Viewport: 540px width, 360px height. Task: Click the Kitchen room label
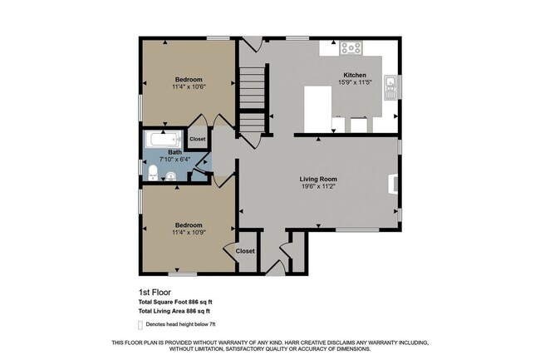coord(355,75)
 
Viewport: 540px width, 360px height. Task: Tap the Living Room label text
coord(318,179)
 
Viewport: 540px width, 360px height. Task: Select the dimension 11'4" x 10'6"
coord(189,86)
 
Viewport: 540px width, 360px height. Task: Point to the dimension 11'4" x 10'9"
coord(189,232)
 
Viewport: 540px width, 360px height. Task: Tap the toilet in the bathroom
coord(154,174)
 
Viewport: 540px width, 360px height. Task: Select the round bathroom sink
coord(170,175)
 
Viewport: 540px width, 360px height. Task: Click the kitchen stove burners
coord(351,47)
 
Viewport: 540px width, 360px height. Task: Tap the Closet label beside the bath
coord(198,139)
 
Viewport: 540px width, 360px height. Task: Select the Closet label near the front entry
coord(245,250)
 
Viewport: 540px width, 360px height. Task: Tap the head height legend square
coord(140,323)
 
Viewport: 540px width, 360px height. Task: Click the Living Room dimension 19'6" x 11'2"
coord(318,187)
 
